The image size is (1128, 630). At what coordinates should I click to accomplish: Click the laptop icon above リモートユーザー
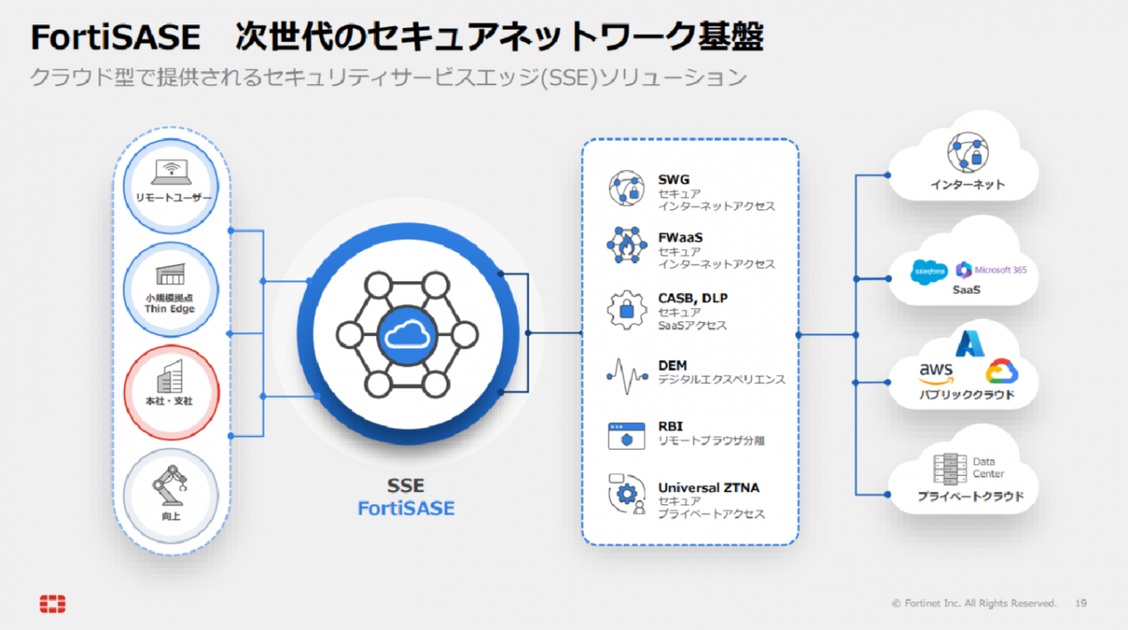tap(173, 172)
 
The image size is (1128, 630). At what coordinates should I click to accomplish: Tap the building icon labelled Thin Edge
tap(170, 274)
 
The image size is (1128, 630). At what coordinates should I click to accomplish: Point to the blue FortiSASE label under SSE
tap(406, 509)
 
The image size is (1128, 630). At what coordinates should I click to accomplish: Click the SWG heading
tap(673, 180)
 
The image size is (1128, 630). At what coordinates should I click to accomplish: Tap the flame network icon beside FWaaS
tap(627, 246)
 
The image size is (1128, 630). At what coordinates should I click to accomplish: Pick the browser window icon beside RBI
tap(627, 435)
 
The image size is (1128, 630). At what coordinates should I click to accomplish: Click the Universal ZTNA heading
tap(708, 488)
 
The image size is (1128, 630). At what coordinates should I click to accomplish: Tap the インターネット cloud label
tap(967, 185)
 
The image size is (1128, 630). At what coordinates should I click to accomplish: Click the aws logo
tap(936, 371)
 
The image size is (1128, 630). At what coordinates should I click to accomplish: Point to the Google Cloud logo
tap(1001, 372)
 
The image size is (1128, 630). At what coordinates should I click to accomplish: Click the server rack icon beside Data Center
tap(949, 469)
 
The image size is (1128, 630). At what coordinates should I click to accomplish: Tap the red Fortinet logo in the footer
tap(52, 604)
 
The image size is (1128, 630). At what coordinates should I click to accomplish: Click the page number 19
tap(1080, 603)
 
